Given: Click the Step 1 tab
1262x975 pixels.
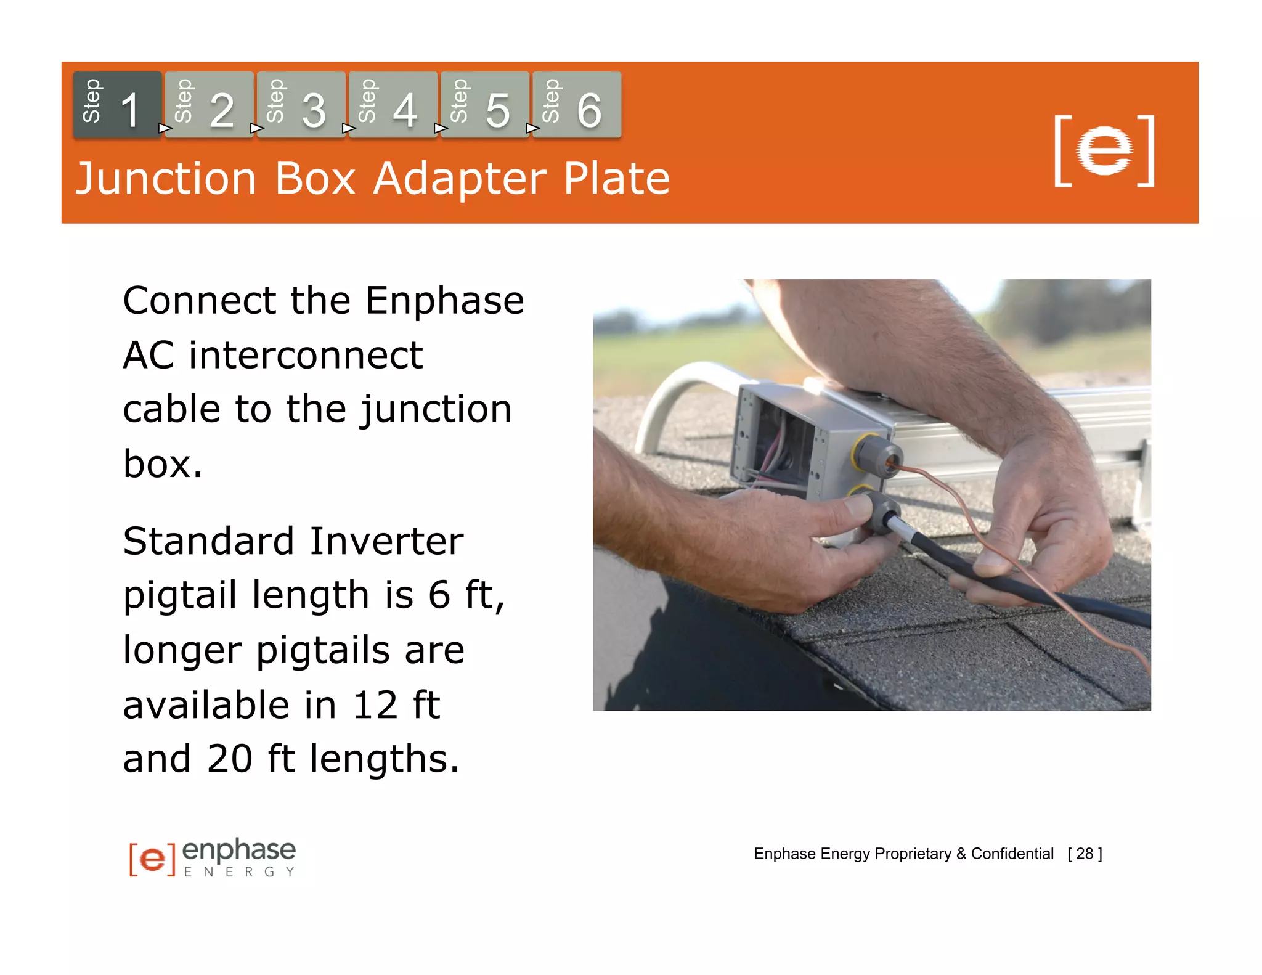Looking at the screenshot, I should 117,105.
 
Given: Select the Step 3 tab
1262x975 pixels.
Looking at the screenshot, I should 301,105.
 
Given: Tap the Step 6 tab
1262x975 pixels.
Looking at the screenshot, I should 576,105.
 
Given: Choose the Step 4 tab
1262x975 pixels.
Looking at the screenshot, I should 393,105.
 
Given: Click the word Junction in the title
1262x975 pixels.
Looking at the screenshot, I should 165,179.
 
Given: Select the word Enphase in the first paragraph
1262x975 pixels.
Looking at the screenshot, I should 444,301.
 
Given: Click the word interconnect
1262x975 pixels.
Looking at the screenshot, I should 305,356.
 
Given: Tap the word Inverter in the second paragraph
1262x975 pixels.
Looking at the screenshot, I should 386,541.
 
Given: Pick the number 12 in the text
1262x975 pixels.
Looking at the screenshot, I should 375,705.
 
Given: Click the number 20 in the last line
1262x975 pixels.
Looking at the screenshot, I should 229,759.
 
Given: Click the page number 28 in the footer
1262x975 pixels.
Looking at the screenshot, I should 1084,854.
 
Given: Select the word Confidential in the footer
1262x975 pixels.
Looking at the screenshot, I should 1012,854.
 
